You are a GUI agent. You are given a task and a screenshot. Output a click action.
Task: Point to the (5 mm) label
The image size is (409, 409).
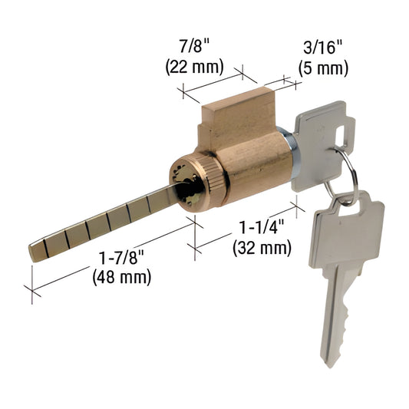(x=322, y=67)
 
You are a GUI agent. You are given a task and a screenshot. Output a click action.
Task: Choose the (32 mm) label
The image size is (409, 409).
(x=262, y=248)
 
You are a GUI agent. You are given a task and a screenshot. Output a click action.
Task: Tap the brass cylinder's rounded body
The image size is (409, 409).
(x=246, y=157)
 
